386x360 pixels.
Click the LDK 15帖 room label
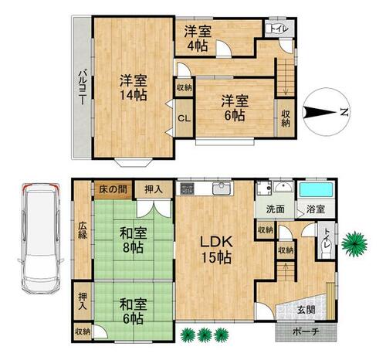coord(216,250)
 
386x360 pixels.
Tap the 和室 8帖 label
coord(133,240)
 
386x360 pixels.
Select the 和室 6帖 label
coord(133,311)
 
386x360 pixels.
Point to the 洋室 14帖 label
coord(134,87)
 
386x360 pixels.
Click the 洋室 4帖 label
coord(198,39)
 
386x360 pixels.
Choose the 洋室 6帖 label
coord(235,108)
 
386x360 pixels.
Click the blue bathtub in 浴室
coord(316,190)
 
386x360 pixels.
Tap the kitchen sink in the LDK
coord(222,188)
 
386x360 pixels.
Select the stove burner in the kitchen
coord(187,188)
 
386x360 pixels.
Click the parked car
coord(41,239)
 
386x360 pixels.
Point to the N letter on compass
coord(344,112)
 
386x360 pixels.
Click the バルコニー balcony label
coord(83,87)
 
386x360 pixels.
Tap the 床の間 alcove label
coord(113,190)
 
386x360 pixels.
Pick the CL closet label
coord(185,118)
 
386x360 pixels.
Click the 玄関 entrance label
coord(306,310)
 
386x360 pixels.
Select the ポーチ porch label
coord(306,331)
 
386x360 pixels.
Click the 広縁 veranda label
coord(83,230)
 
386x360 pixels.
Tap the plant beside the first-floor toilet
coord(354,243)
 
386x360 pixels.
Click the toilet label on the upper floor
coord(279,29)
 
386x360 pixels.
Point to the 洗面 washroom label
coord(275,209)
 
